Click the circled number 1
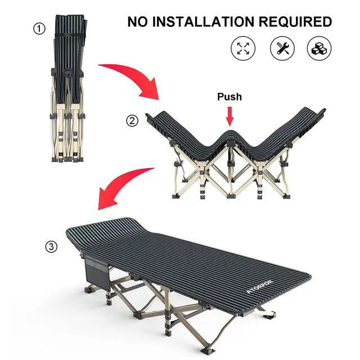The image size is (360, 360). (39, 29)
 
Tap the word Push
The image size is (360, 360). (229, 97)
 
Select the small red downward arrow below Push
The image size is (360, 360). (229, 116)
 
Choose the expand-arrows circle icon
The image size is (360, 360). (243, 48)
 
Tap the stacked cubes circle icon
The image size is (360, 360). (319, 48)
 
